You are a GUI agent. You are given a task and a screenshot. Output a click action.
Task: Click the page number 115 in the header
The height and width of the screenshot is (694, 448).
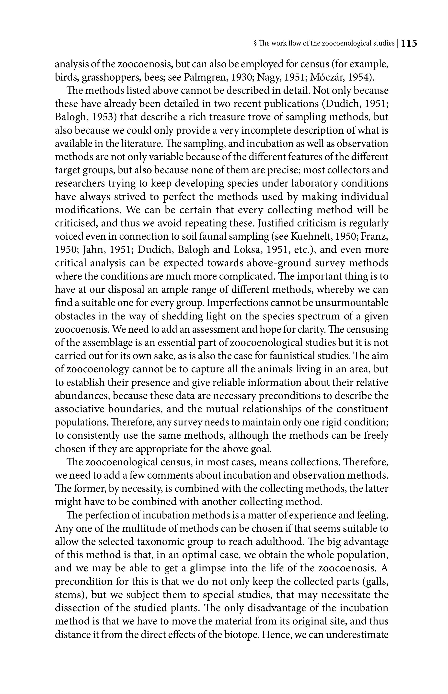coord(409,44)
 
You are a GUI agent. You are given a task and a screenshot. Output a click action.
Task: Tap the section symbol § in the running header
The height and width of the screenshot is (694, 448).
coord(255,44)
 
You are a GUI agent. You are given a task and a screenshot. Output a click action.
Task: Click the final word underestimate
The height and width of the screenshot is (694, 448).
coord(357,635)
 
